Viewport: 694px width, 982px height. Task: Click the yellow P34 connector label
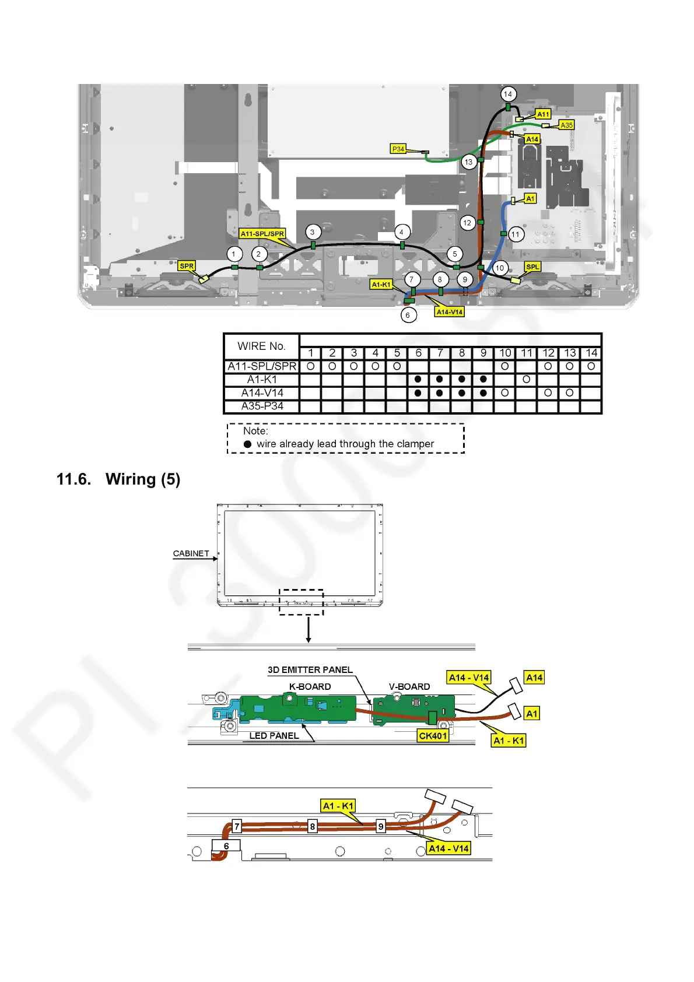pos(398,149)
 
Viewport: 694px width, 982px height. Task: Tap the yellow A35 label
pos(566,125)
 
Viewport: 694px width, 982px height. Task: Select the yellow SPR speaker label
pos(187,266)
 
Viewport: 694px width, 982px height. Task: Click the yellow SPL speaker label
pos(532,266)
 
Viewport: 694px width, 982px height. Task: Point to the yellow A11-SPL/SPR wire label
pos(262,234)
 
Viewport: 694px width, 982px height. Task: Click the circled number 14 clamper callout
pos(508,94)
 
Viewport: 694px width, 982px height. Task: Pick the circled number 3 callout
pos(313,232)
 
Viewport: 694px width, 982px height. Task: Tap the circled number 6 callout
pos(408,315)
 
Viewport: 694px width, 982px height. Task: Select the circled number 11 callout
pos(516,234)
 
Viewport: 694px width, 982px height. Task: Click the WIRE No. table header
pos(261,346)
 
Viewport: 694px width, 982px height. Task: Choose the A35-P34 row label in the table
pos(262,406)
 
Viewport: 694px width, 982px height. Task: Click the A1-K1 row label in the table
pos(262,380)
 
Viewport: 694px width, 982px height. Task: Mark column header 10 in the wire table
pos(505,353)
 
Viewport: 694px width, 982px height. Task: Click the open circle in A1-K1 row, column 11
pos(527,380)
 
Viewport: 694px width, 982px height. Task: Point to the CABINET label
pos(191,553)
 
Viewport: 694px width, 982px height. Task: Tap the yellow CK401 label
pos(433,736)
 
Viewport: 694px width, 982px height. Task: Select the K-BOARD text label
pos(310,687)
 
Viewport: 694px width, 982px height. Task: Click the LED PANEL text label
pos(274,736)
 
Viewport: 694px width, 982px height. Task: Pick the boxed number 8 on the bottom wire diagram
pos(313,826)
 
